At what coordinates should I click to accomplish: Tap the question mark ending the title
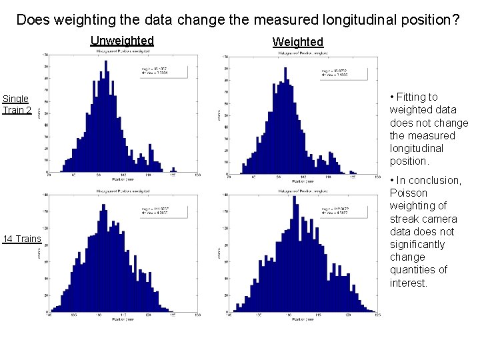[x=455, y=20]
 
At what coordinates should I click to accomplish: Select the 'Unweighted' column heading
[x=122, y=41]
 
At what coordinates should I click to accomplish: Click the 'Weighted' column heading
[x=297, y=42]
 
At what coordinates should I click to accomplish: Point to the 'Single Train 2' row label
[x=16, y=104]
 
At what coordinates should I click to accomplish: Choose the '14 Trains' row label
[x=22, y=239]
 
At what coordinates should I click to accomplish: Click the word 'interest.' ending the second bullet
[x=409, y=283]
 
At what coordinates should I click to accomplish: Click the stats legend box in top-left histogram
[x=163, y=71]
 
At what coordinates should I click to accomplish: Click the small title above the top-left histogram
[x=121, y=51]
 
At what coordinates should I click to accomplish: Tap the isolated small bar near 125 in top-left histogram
[x=174, y=169]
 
